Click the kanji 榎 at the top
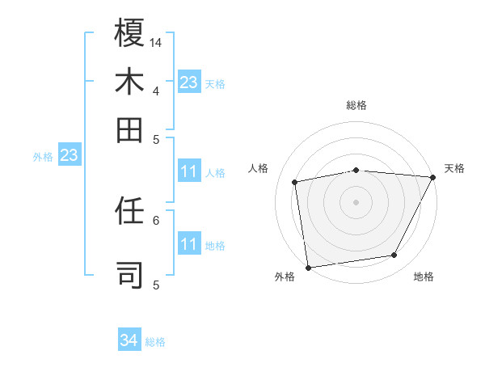[129, 35]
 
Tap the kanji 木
[129, 82]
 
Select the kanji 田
[129, 129]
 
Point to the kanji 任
[129, 213]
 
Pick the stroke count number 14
[156, 42]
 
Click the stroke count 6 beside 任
[156, 219]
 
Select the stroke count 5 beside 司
[156, 285]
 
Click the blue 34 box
[129, 341]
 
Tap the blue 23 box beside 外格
[69, 155]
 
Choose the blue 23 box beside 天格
[189, 82]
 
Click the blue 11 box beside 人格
[189, 171]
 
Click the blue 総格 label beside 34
[155, 342]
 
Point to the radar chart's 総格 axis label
[356, 105]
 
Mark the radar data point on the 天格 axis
[432, 177]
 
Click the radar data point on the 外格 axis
[308, 266]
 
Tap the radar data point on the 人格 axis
[295, 182]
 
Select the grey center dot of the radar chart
[356, 201]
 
